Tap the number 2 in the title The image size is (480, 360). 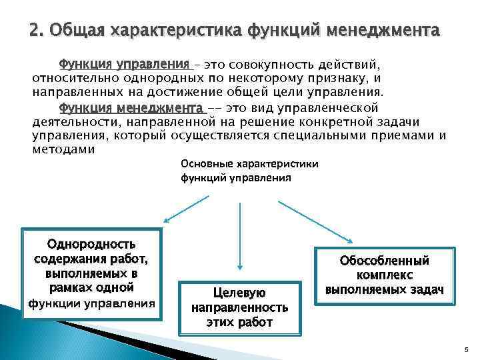[x=35, y=31]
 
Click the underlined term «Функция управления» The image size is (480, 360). [x=125, y=65]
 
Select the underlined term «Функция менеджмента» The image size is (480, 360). [x=131, y=107]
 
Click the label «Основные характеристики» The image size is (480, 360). [x=249, y=164]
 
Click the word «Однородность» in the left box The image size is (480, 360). [x=90, y=245]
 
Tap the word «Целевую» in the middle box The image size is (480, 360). [x=239, y=293]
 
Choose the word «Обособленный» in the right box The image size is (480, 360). [x=384, y=261]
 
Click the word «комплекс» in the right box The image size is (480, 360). [x=385, y=275]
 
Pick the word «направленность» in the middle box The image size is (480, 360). [x=239, y=307]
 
